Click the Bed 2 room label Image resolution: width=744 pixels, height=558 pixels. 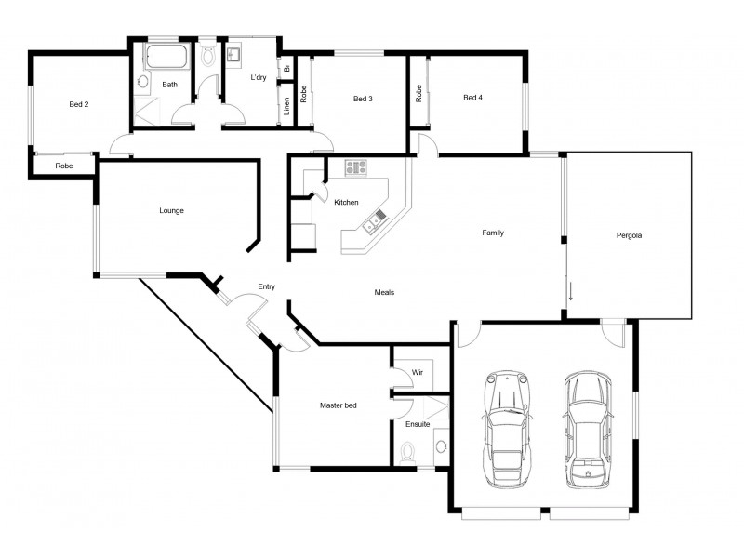[x=79, y=104]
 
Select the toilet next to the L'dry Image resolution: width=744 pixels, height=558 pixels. [x=209, y=55]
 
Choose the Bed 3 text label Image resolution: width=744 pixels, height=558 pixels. [x=363, y=98]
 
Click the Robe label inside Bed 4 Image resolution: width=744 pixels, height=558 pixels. [x=419, y=93]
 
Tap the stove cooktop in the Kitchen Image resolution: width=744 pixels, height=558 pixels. [x=356, y=167]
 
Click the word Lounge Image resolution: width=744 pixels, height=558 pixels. [x=171, y=210]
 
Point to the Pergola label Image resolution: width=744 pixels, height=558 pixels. [x=630, y=235]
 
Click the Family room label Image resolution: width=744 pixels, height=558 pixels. [x=492, y=232]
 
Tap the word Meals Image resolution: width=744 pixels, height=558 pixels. [x=384, y=292]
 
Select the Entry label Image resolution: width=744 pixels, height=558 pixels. [x=267, y=287]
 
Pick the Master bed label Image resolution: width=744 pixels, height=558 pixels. [x=339, y=405]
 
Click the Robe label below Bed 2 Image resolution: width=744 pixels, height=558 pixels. [x=64, y=166]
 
